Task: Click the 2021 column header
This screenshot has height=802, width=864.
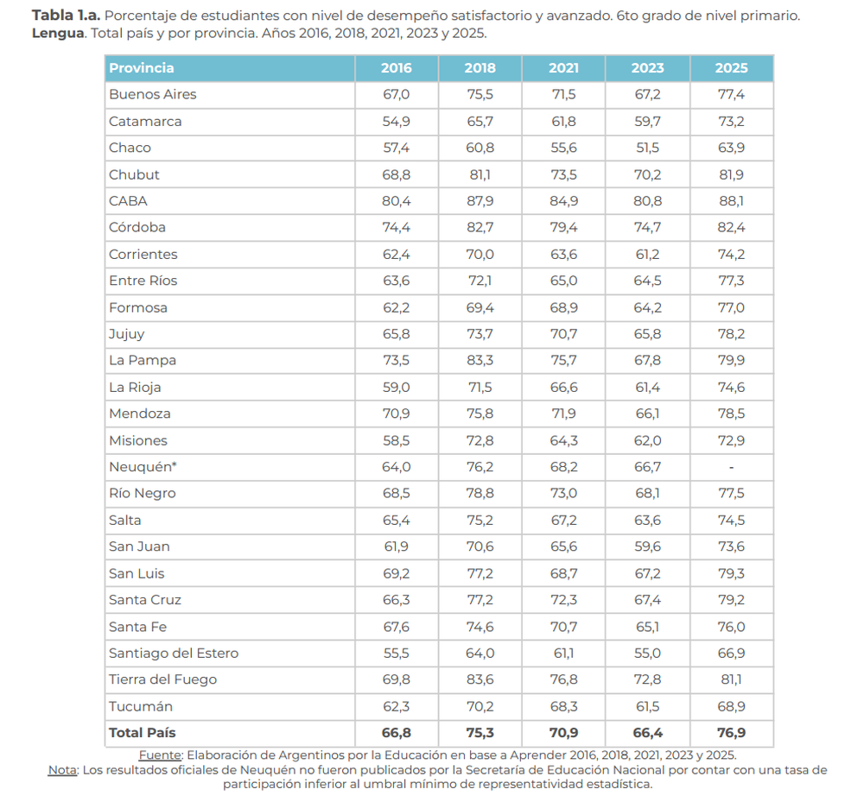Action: point(563,67)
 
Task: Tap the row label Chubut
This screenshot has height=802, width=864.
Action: point(134,174)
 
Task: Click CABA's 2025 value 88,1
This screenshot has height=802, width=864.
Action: point(731,201)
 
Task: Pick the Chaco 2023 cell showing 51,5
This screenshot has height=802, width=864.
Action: point(647,148)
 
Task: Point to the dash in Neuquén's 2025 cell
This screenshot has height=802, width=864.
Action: point(731,467)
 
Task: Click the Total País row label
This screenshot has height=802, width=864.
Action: point(143,733)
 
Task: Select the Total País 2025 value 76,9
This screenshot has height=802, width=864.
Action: point(731,733)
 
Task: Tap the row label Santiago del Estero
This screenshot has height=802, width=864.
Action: point(174,653)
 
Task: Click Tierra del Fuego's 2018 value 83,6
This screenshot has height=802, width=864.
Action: point(480,679)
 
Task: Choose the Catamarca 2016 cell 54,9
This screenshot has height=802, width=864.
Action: point(397,121)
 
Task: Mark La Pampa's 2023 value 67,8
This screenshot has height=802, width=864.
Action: point(647,360)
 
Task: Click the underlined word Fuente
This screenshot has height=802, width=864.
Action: point(160,755)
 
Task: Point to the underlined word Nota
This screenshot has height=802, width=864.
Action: point(62,769)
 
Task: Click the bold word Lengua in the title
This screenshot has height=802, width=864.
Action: point(58,34)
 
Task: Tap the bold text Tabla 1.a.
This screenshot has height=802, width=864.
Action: point(67,16)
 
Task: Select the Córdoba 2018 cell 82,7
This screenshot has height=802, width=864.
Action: point(480,227)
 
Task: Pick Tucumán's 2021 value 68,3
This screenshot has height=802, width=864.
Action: point(563,706)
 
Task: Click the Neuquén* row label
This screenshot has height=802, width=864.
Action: point(143,467)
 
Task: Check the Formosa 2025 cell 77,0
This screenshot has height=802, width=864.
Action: point(731,307)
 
